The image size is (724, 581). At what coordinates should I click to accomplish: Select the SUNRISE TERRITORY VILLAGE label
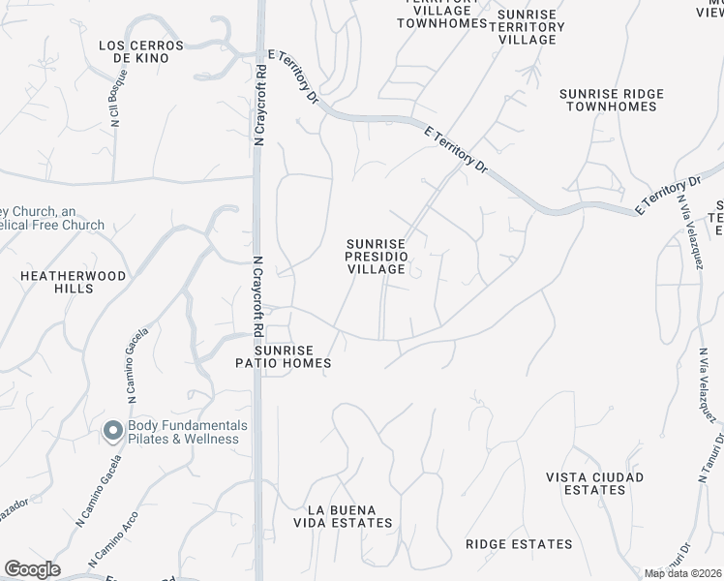tap(527, 27)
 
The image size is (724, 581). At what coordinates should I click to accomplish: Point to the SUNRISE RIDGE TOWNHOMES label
tap(612, 100)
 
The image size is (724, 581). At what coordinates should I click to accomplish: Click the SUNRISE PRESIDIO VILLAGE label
tap(377, 257)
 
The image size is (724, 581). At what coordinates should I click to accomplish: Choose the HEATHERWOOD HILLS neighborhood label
tap(74, 282)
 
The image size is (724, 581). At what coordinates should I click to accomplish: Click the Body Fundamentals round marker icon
tap(113, 431)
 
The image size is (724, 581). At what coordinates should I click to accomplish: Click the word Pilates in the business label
tap(149, 439)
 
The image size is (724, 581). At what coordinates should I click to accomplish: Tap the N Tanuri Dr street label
tap(703, 451)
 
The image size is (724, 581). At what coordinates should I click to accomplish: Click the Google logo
tap(32, 569)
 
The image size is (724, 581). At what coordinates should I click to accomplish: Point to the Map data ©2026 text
tap(682, 574)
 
